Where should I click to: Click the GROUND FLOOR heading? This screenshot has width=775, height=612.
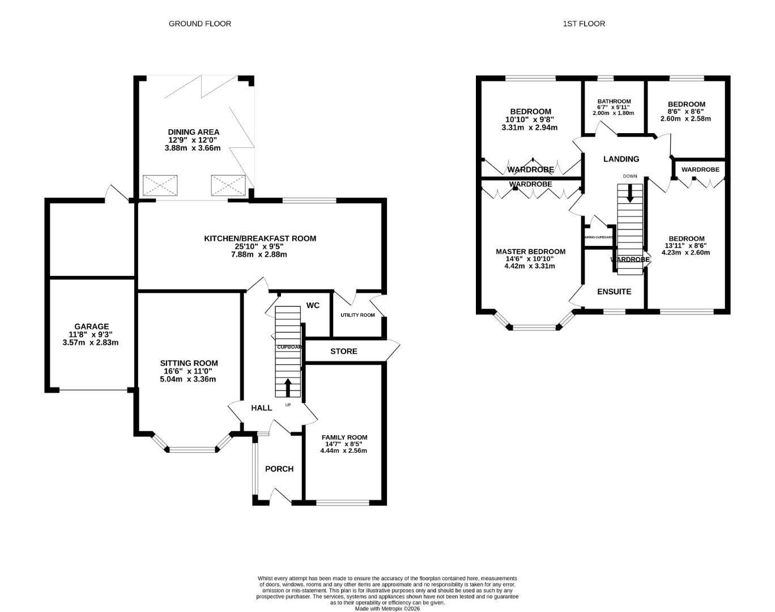point(200,24)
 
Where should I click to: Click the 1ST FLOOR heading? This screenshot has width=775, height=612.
point(584,24)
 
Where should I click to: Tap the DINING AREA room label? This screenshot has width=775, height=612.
point(193,132)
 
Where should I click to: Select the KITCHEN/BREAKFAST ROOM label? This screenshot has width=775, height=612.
point(260,239)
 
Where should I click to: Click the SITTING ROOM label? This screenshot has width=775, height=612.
point(189,363)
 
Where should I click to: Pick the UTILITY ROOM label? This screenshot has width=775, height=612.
point(357,315)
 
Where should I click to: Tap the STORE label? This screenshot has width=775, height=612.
point(344,351)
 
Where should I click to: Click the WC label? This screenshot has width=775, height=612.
point(313,305)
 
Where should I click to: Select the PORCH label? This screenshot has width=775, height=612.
point(279,469)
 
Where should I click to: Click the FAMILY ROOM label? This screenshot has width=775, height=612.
point(344,437)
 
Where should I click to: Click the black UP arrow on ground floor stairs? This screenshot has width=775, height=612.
point(288,388)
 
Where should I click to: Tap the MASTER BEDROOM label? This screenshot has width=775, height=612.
point(530,252)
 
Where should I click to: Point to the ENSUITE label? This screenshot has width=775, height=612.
point(614,291)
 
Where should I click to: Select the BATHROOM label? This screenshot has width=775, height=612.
point(614,101)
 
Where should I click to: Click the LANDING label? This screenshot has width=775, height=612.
point(621,159)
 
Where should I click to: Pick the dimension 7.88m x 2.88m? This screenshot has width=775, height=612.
point(260,254)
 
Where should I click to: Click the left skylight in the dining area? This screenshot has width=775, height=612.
point(161,185)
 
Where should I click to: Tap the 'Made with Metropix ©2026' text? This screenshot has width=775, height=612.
point(387,609)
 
